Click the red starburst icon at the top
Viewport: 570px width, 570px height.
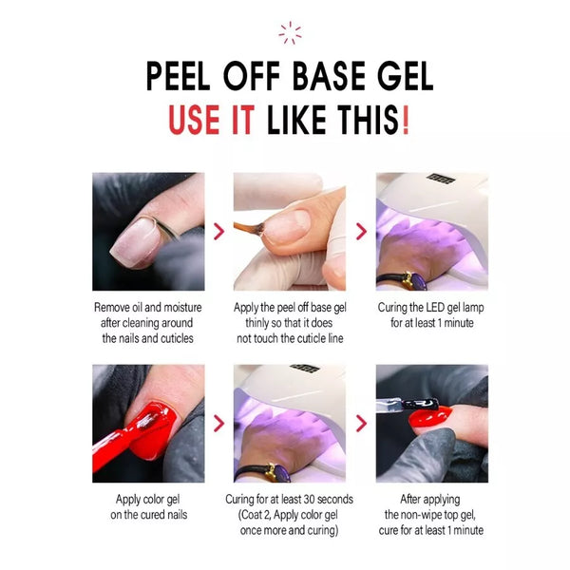pyautogui.click(x=290, y=33)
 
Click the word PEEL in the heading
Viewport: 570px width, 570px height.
pyautogui.click(x=182, y=77)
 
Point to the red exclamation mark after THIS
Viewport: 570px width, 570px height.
pyautogui.click(x=406, y=122)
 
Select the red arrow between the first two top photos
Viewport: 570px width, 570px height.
pyautogui.click(x=218, y=232)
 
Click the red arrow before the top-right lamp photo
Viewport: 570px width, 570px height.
pyautogui.click(x=361, y=232)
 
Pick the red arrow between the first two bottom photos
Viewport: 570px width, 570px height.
pyautogui.click(x=218, y=424)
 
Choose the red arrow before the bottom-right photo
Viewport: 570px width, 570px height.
pyautogui.click(x=361, y=424)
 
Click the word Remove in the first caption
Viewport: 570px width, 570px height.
pyautogui.click(x=114, y=308)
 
